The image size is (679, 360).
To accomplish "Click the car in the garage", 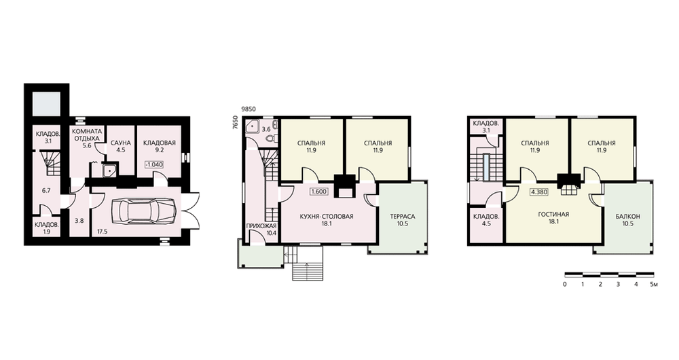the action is click(x=143, y=211).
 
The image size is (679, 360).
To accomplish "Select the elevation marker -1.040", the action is click(x=155, y=164).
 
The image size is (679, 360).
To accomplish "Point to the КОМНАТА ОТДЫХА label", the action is click(x=87, y=134).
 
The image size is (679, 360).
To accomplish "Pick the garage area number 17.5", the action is click(x=103, y=232).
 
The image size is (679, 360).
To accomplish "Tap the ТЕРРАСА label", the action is click(x=402, y=217).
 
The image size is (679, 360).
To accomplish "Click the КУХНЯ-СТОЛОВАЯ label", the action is click(x=328, y=217).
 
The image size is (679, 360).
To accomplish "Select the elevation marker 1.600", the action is click(x=318, y=191).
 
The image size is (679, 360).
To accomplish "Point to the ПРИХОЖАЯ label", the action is click(x=261, y=226).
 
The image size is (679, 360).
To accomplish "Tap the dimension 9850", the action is click(x=248, y=109).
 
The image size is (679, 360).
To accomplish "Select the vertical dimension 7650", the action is click(x=235, y=120).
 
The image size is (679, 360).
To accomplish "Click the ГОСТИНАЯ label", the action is click(x=553, y=215).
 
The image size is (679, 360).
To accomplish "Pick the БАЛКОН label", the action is click(x=627, y=217).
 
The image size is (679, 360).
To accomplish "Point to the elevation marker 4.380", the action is click(x=538, y=192).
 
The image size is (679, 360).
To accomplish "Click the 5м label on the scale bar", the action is click(x=655, y=285).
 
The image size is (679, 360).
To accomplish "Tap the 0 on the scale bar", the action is click(x=565, y=285).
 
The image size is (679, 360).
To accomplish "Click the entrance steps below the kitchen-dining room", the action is click(x=307, y=264).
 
